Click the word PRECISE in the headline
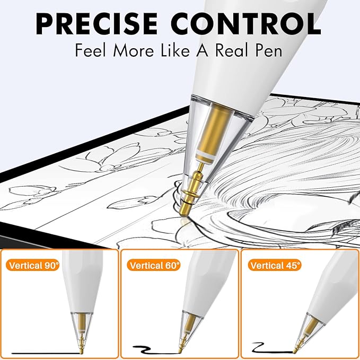[96, 23]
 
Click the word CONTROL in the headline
[245, 23]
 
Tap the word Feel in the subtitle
[91, 50]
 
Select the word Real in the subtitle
[232, 50]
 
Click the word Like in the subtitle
[175, 50]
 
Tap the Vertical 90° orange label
[33, 266]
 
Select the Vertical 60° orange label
[154, 266]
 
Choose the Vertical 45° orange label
[275, 266]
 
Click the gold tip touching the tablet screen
[184, 210]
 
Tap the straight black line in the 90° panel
[46, 353]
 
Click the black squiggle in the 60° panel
[156, 349]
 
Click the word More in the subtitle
[134, 50]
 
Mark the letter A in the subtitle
[203, 50]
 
